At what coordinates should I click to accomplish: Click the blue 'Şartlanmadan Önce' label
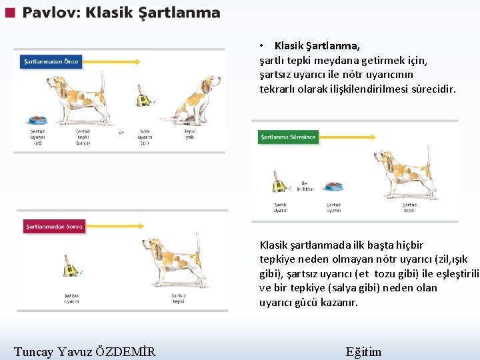[51, 62]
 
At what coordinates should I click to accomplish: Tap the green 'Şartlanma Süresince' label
[288, 137]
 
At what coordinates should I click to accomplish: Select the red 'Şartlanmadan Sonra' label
[54, 227]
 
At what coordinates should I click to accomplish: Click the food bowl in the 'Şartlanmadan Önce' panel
[37, 120]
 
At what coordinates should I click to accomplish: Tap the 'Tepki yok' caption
[190, 134]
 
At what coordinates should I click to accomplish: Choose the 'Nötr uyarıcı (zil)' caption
[145, 137]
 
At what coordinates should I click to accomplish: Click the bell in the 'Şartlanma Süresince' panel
[279, 181]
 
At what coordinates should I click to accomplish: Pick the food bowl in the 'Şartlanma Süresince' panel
[333, 187]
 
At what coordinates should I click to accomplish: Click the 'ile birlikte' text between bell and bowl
[305, 186]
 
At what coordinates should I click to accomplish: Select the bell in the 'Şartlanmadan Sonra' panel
[69, 268]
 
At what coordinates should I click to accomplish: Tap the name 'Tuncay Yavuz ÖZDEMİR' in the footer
[85, 351]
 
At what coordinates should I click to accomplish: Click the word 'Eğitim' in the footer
[364, 351]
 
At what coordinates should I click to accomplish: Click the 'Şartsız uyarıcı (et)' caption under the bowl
[38, 137]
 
